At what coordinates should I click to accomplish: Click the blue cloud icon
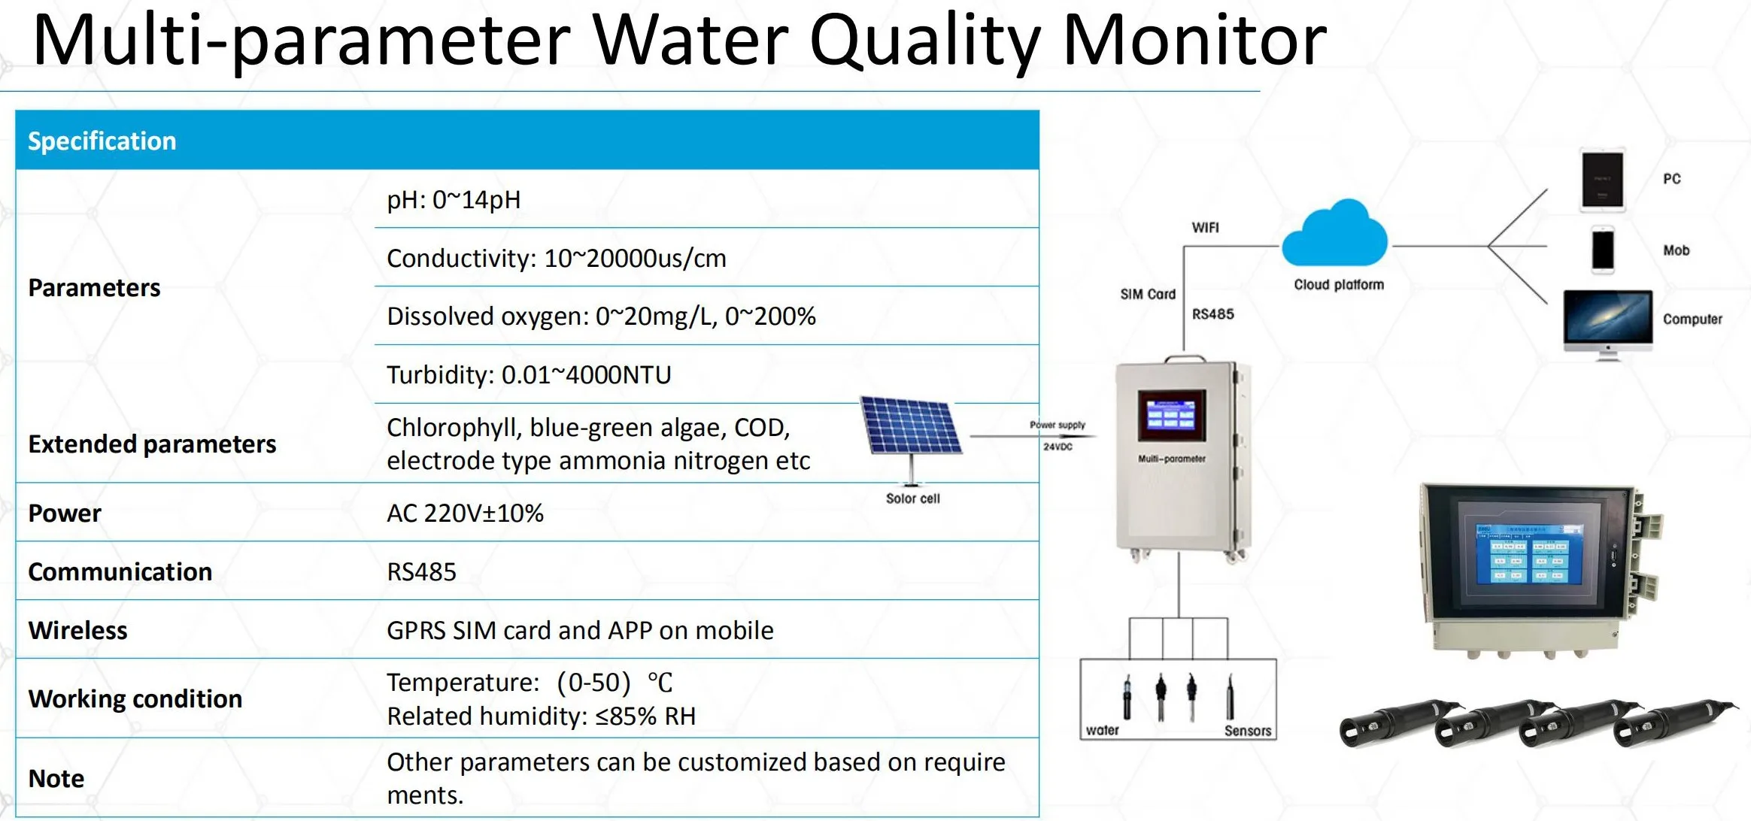[x=1334, y=235]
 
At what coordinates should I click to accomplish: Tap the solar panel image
[x=911, y=426]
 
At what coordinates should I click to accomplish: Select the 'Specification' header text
[x=102, y=141]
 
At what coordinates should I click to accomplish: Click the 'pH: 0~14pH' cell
[x=454, y=200]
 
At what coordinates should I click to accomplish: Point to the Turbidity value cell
[x=529, y=374]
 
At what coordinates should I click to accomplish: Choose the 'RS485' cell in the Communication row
[x=421, y=571]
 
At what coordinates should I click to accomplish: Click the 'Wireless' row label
[x=77, y=630]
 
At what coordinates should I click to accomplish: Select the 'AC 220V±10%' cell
[x=465, y=513]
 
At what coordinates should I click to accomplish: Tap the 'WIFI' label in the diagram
[x=1205, y=228]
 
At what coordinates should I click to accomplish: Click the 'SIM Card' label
[x=1147, y=294]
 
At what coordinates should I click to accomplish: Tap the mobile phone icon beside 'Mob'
[x=1603, y=250]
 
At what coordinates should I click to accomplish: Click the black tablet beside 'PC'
[x=1602, y=180]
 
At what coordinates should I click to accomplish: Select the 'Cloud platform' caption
[x=1339, y=285]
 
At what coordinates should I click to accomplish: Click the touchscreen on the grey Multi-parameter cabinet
[x=1171, y=415]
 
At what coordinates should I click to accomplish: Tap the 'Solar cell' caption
[x=912, y=498]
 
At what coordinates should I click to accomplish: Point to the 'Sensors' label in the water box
[x=1247, y=731]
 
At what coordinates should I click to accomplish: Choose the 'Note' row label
[x=56, y=778]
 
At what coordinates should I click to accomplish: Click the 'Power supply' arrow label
[x=1058, y=425]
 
